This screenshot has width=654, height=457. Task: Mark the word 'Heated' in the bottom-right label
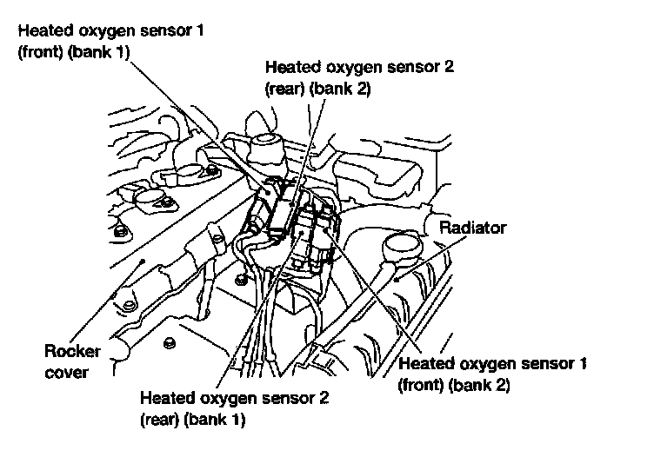(x=424, y=362)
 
